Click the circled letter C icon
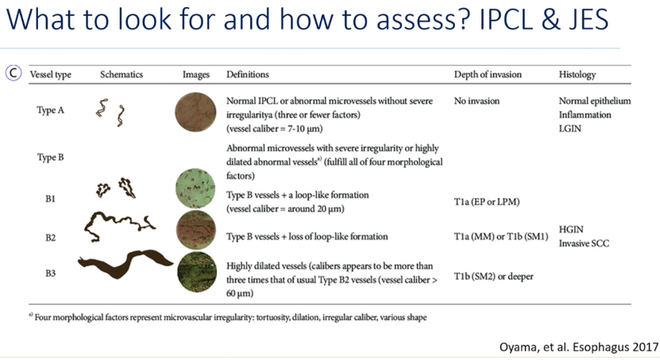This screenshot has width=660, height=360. tap(14, 73)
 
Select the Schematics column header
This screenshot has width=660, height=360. tap(122, 75)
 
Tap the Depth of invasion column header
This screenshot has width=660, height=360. tap(488, 75)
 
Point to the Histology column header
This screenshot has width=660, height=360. tap(577, 75)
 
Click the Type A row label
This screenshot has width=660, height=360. tap(50, 110)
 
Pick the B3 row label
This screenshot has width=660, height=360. tap(50, 273)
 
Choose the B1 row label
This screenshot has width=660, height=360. tap(50, 199)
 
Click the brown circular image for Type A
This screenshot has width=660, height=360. tap(195, 112)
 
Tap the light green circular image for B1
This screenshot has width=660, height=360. tap(195, 188)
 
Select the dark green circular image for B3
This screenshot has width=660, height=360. tap(196, 272)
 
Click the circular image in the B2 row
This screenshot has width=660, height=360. tap(195, 230)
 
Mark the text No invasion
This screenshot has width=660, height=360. tap(477, 101)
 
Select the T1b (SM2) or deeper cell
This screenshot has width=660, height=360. tap(493, 277)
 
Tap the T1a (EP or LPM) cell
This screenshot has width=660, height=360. tap(487, 202)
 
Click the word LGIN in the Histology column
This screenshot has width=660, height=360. tap(570, 129)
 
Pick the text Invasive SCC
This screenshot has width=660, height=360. tap(584, 243)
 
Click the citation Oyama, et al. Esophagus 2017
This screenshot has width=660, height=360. tap(579, 347)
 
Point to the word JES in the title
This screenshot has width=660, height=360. tap(585, 19)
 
